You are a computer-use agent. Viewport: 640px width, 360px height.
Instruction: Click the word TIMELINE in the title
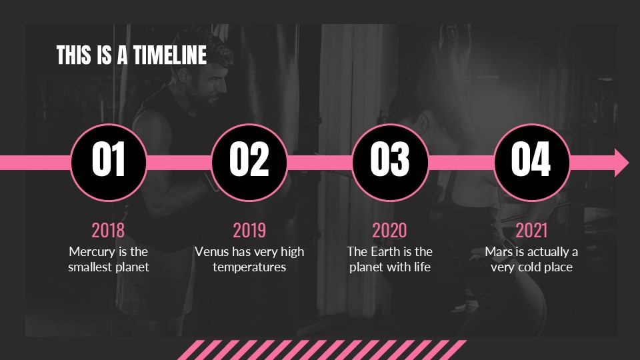(170, 55)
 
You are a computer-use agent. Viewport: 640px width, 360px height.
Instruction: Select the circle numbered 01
(109, 163)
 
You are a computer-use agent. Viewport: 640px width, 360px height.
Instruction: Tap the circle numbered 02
(249, 163)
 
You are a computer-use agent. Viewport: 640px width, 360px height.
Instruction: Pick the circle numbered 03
(390, 163)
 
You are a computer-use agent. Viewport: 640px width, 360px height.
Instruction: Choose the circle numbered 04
(531, 163)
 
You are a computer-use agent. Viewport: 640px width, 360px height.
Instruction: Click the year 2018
(108, 230)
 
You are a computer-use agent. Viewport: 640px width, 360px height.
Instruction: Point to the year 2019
(249, 230)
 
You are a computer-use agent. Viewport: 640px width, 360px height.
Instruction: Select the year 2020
(390, 230)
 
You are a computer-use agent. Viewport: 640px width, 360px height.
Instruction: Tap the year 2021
(531, 230)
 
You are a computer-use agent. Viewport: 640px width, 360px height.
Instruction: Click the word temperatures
(249, 267)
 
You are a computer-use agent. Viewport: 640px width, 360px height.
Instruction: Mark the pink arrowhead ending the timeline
(621, 163)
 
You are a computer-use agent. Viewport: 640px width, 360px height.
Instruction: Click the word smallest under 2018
(90, 267)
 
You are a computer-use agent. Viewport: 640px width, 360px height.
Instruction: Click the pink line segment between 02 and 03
(320, 163)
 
